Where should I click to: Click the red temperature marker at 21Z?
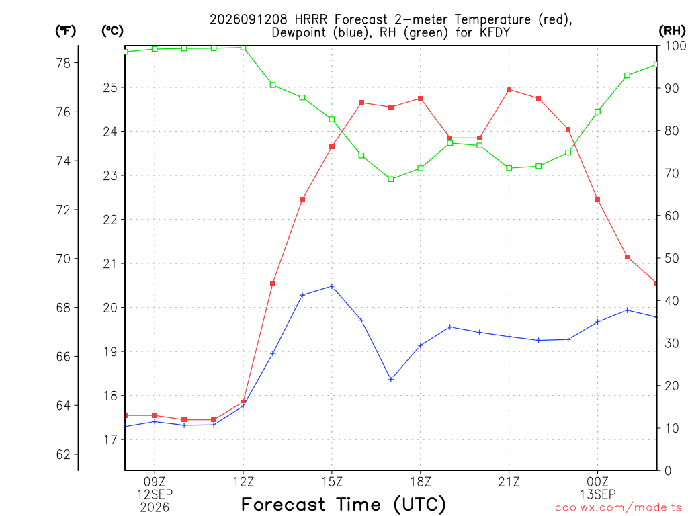click(509, 90)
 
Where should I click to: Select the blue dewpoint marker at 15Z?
click(332, 286)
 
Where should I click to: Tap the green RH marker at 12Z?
click(243, 48)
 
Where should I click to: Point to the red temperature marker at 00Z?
click(597, 200)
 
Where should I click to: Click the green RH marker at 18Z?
click(421, 168)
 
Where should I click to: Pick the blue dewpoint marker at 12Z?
click(243, 406)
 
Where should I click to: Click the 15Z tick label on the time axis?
click(332, 482)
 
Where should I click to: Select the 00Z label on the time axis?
click(597, 482)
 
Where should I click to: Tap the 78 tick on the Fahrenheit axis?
click(63, 63)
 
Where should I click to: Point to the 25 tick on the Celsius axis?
click(110, 88)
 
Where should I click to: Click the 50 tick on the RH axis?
click(671, 259)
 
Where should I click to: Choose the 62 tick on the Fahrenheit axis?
click(63, 454)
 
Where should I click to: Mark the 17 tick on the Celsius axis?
click(110, 439)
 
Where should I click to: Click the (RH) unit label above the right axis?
click(672, 30)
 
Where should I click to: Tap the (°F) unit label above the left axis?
click(65, 31)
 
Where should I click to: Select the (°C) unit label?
click(112, 31)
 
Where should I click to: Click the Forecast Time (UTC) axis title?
click(343, 504)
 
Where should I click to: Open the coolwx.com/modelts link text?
click(618, 508)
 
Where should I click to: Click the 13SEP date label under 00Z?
click(597, 494)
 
